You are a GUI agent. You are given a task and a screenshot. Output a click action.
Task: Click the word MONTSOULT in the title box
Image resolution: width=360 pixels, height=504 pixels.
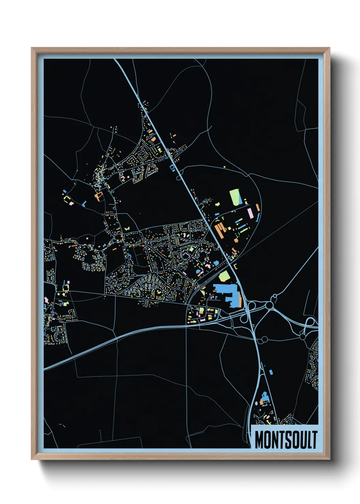coord(286,440)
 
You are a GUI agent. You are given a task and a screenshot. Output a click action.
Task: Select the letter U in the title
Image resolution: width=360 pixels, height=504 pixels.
coord(301,440)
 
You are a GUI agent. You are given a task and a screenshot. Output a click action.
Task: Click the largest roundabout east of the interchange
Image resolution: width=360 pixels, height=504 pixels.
coord(269,305)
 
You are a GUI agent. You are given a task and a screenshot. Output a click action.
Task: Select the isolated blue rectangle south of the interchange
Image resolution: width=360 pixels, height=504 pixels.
coord(271,372)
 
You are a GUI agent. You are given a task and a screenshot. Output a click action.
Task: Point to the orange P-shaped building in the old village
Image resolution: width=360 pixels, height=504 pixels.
coord(99,196)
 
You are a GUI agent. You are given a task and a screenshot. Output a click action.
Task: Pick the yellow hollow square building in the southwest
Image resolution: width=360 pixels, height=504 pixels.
coord(65,288)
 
